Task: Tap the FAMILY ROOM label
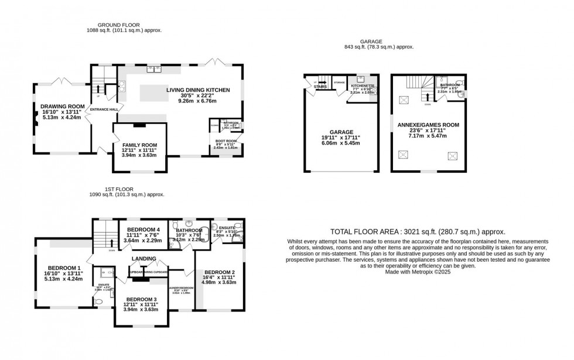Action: tap(139, 145)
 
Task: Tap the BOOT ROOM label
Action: tap(226, 141)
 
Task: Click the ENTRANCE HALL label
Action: tap(103, 109)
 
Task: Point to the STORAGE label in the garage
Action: tap(339, 83)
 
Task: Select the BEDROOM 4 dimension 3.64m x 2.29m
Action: tap(142, 240)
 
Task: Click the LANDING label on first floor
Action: tap(144, 258)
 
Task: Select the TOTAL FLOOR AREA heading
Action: tap(417, 232)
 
